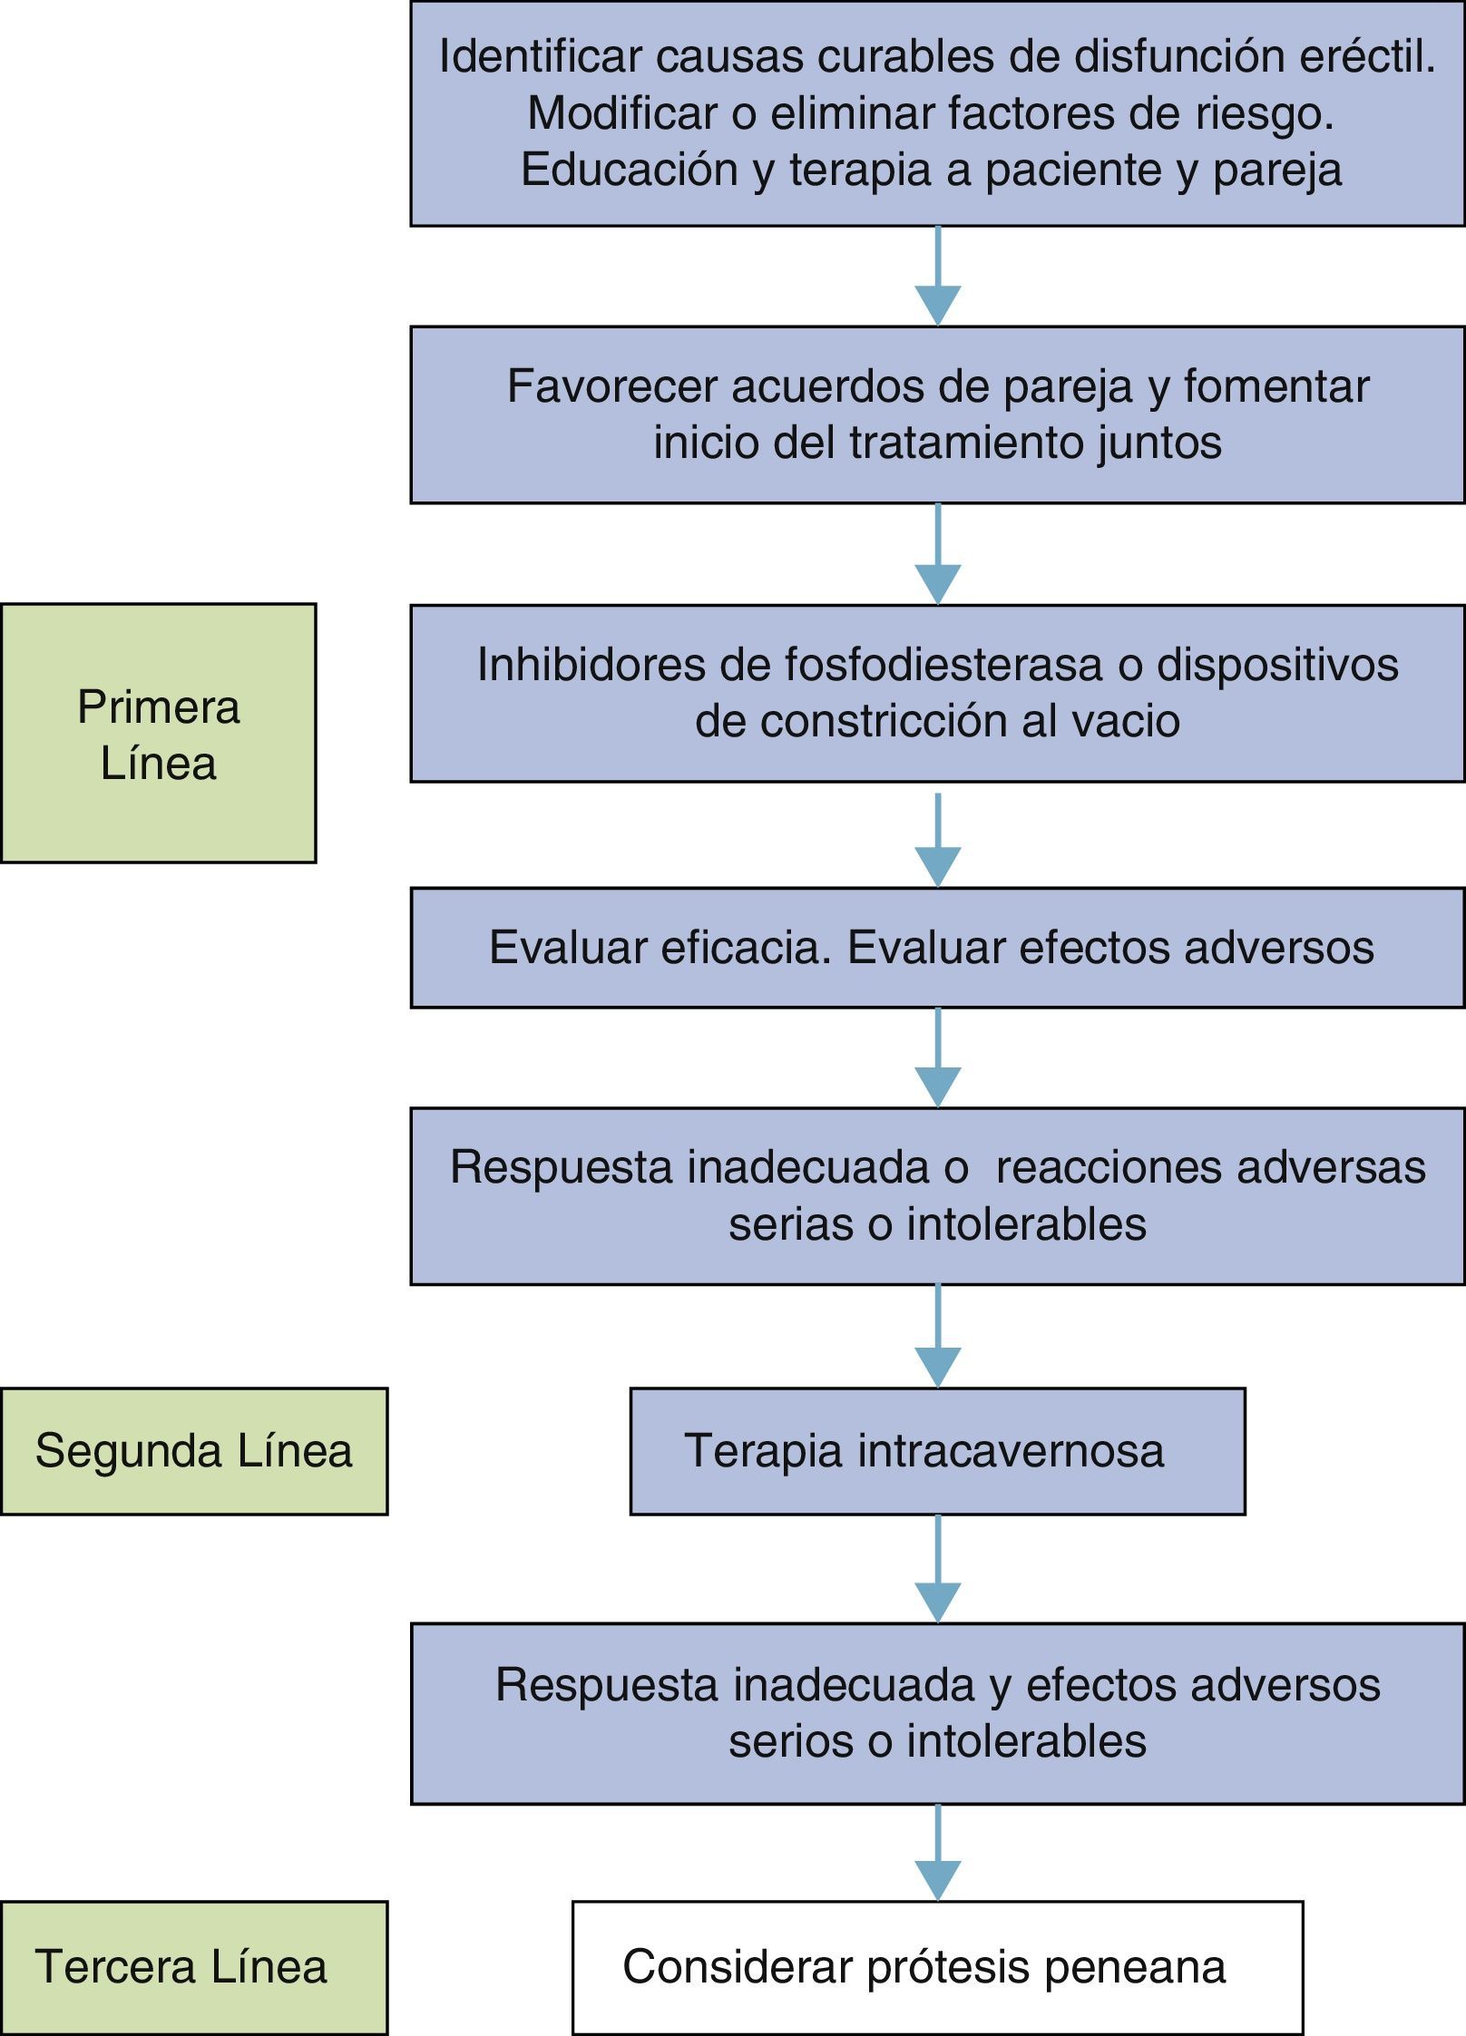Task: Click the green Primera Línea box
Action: point(158,733)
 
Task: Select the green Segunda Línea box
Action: point(193,1451)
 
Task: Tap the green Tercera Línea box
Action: point(193,1967)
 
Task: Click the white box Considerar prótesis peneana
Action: point(937,1967)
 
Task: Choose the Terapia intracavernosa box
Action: point(937,1451)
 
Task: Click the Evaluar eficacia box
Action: point(937,948)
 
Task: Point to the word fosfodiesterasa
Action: point(943,665)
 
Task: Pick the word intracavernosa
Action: point(1011,1450)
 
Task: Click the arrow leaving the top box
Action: point(937,276)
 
